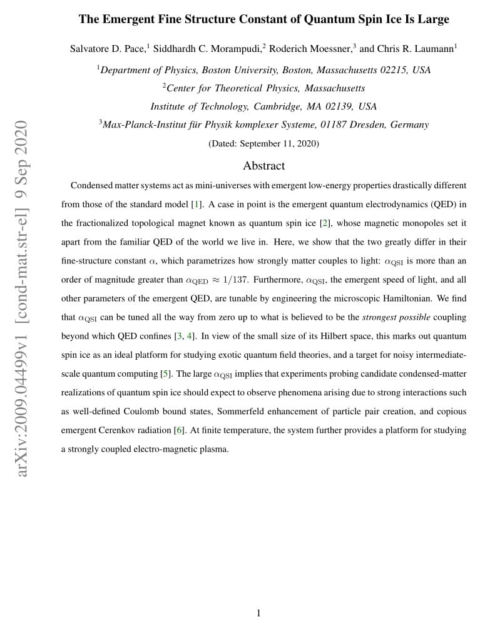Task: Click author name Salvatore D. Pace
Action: (107, 49)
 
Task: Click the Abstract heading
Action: (263, 166)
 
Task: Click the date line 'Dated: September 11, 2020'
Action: (263, 143)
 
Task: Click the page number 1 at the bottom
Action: (258, 613)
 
